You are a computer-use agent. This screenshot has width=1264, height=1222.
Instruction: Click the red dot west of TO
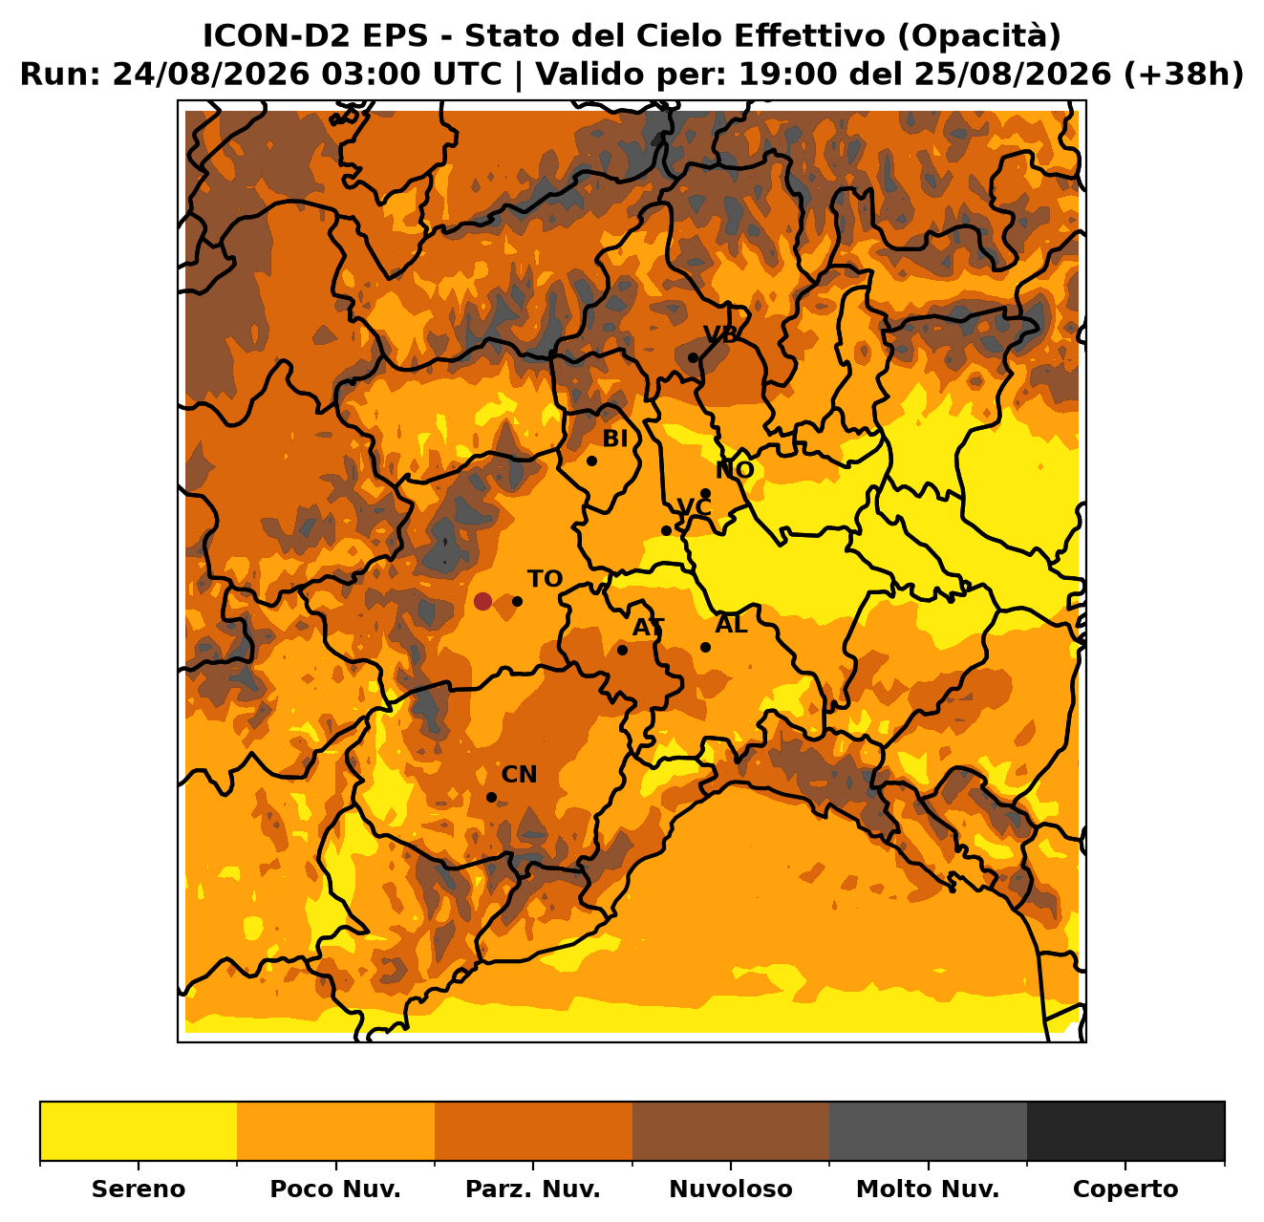click(x=482, y=601)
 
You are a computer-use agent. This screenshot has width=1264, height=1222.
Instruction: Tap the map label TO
click(x=545, y=578)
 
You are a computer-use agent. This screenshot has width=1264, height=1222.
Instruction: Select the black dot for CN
click(x=491, y=797)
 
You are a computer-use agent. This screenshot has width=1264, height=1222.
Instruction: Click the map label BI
click(x=614, y=439)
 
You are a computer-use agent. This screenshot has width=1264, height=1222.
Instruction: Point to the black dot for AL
click(x=705, y=647)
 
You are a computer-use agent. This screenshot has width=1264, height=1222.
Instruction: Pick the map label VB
click(x=720, y=334)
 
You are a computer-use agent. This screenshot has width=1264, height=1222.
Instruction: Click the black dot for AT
click(x=622, y=650)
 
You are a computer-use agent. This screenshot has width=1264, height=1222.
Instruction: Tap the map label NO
click(x=734, y=470)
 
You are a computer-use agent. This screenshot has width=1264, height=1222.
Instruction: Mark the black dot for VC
click(x=666, y=531)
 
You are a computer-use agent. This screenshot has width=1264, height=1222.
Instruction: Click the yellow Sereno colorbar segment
click(x=139, y=1130)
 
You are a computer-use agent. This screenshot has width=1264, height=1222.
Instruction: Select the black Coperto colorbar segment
click(x=1125, y=1130)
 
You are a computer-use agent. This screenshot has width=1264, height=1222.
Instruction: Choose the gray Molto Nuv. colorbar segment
click(x=928, y=1130)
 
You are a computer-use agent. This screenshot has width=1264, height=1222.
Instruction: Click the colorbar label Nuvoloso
click(x=730, y=1189)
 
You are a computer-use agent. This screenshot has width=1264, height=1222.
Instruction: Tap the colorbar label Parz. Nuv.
click(x=532, y=1189)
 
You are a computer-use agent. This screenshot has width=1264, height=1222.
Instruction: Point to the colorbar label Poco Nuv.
click(x=335, y=1189)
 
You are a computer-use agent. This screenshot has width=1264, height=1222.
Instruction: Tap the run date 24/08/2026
click(x=212, y=75)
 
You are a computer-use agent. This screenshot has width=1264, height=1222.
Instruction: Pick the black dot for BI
click(x=591, y=461)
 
